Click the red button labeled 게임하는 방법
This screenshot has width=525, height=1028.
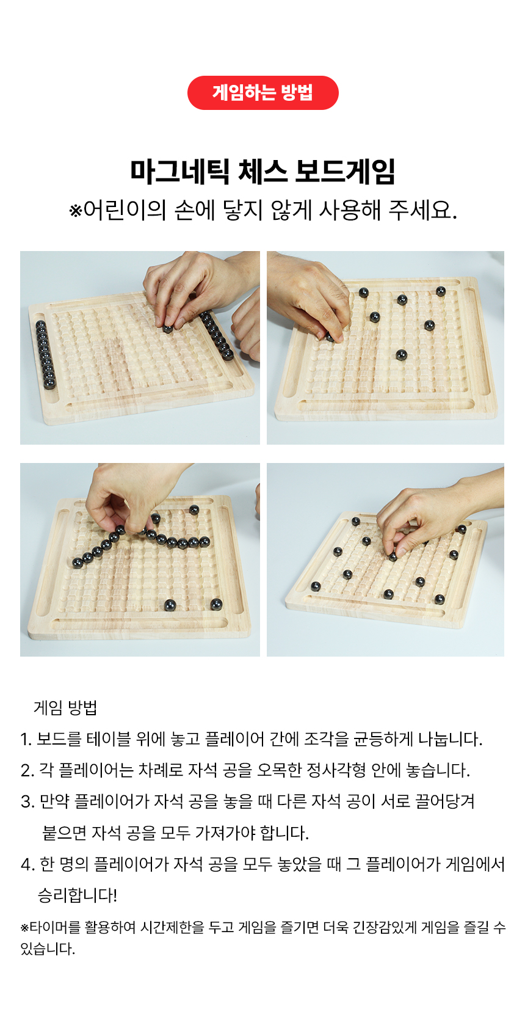262,93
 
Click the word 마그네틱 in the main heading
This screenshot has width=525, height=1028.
179,172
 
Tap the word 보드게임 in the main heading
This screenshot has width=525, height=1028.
345,172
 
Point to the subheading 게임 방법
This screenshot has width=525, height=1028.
65,708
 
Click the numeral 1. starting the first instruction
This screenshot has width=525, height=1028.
26,739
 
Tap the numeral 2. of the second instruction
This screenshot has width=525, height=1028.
27,770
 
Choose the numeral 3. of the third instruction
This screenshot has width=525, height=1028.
27,802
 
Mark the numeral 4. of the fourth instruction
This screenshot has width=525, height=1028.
27,865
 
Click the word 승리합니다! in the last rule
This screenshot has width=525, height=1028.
78,895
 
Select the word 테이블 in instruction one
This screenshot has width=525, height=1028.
109,739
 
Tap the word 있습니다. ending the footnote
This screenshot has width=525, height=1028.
48,949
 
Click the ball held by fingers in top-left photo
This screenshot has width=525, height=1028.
168,329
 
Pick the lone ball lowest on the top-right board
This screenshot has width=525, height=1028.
401,355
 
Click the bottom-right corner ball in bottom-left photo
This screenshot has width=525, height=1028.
217,605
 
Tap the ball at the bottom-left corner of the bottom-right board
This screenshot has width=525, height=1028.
316,586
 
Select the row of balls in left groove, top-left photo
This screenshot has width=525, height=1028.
46,355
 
